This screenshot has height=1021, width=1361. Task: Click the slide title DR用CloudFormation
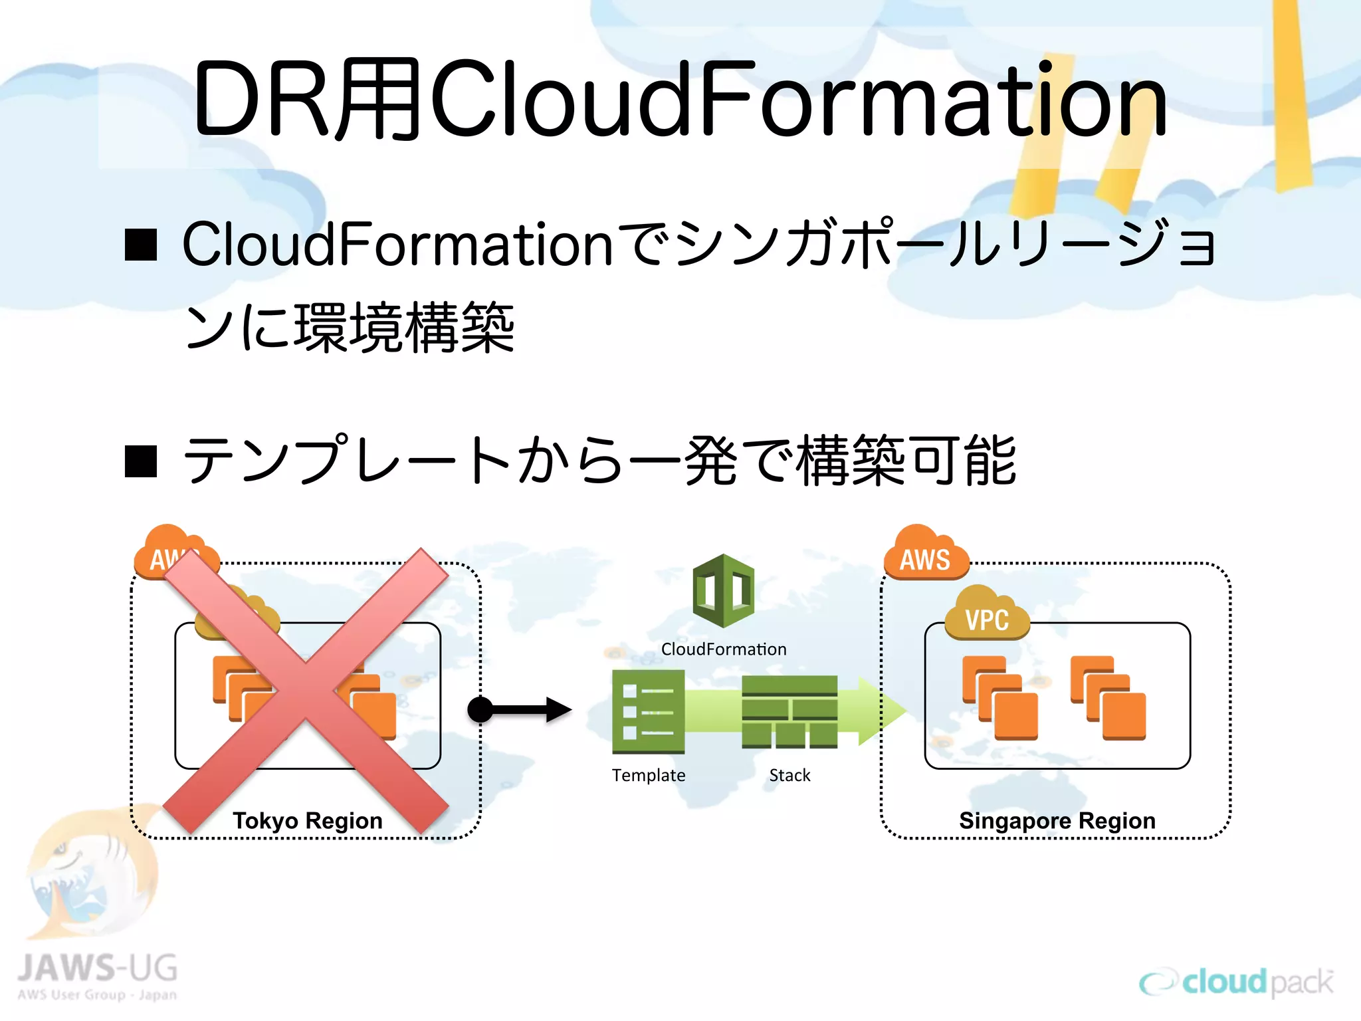(680, 100)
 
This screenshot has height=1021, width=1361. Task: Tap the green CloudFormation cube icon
(723, 590)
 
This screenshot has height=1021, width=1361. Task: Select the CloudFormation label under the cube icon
(723, 649)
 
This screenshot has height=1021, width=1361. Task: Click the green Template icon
(648, 711)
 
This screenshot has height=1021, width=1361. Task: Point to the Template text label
(648, 775)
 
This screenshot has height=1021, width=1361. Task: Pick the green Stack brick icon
(789, 711)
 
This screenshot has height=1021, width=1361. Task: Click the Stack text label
(789, 775)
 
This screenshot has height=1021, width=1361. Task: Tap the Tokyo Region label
(307, 820)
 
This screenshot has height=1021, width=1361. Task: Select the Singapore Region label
(1057, 820)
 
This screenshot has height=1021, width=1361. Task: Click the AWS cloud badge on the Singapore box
(925, 555)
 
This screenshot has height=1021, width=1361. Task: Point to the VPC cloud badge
(987, 615)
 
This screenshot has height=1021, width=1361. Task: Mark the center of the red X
(306, 691)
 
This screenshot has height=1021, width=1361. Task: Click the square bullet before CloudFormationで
(141, 245)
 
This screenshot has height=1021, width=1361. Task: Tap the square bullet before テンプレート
(141, 461)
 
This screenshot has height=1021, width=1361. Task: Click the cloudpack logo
(1236, 982)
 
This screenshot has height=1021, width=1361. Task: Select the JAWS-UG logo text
(97, 969)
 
